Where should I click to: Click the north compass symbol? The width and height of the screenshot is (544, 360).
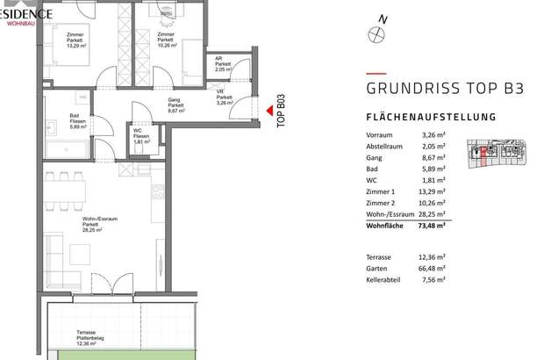tap(379, 34)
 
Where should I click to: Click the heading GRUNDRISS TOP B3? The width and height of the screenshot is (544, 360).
tap(433, 88)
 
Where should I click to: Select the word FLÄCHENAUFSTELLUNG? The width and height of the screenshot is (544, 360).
tap(431, 117)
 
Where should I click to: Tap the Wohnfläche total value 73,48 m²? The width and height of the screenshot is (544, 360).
tap(432, 227)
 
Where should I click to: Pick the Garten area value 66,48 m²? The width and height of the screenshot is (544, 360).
tap(432, 267)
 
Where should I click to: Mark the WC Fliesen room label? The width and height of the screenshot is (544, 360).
tap(140, 135)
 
